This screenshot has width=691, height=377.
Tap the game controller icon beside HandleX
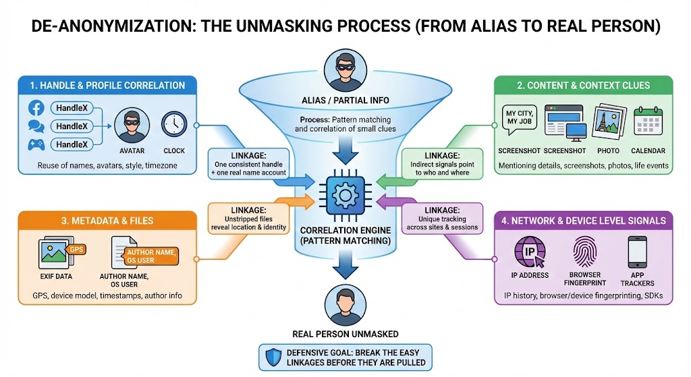coord(36,144)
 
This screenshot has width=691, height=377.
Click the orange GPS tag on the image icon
coord(76,249)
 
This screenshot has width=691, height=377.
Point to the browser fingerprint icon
coord(584,252)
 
